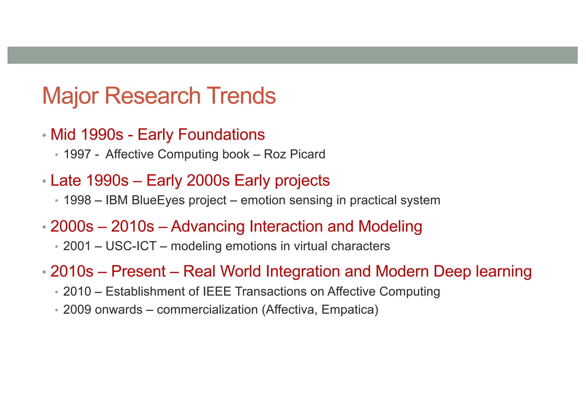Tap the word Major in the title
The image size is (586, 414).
tap(70, 96)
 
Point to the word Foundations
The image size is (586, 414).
tap(221, 134)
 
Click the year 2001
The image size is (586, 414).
tap(77, 246)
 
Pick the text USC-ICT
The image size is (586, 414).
tap(131, 246)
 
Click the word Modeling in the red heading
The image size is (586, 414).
tap(390, 226)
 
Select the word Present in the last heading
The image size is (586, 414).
tap(138, 271)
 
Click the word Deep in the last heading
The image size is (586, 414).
tap(452, 271)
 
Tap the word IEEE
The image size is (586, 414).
tap(217, 292)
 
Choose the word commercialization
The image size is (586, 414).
tap(207, 310)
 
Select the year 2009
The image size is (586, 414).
tap(77, 310)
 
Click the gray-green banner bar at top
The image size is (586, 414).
tap(292, 55)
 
